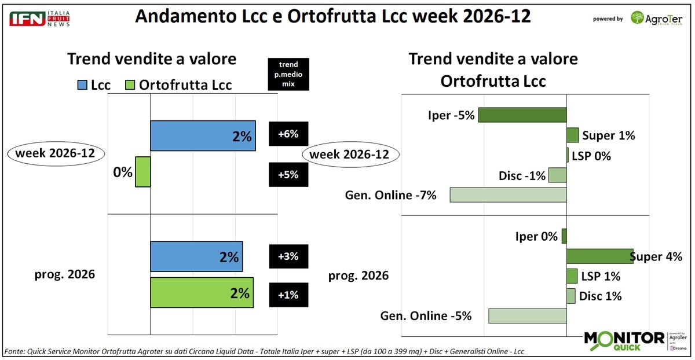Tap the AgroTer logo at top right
point(657,18)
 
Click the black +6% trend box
point(288,134)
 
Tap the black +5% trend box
point(288,174)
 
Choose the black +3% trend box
point(288,256)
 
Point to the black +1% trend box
point(288,295)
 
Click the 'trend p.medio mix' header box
point(288,74)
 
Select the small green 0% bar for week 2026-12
point(143,172)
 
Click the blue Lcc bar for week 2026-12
point(203,136)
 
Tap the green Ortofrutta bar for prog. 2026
point(202,293)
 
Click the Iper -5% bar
point(522,115)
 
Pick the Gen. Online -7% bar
point(508,194)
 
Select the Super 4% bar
point(599,256)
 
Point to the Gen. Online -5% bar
point(527,316)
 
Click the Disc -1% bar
point(557,175)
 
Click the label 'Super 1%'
point(609,136)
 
